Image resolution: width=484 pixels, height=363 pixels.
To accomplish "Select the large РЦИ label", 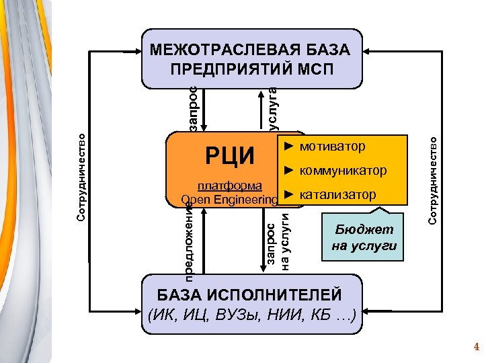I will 229,157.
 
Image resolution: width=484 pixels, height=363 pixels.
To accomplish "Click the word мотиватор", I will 333,146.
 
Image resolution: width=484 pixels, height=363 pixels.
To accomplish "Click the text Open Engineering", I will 229,200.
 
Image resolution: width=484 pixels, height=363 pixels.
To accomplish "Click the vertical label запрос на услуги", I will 277,243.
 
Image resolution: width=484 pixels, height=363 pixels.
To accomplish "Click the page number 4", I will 476,348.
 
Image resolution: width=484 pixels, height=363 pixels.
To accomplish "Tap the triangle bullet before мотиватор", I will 288,146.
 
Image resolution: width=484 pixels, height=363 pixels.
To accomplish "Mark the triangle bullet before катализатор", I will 288,195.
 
